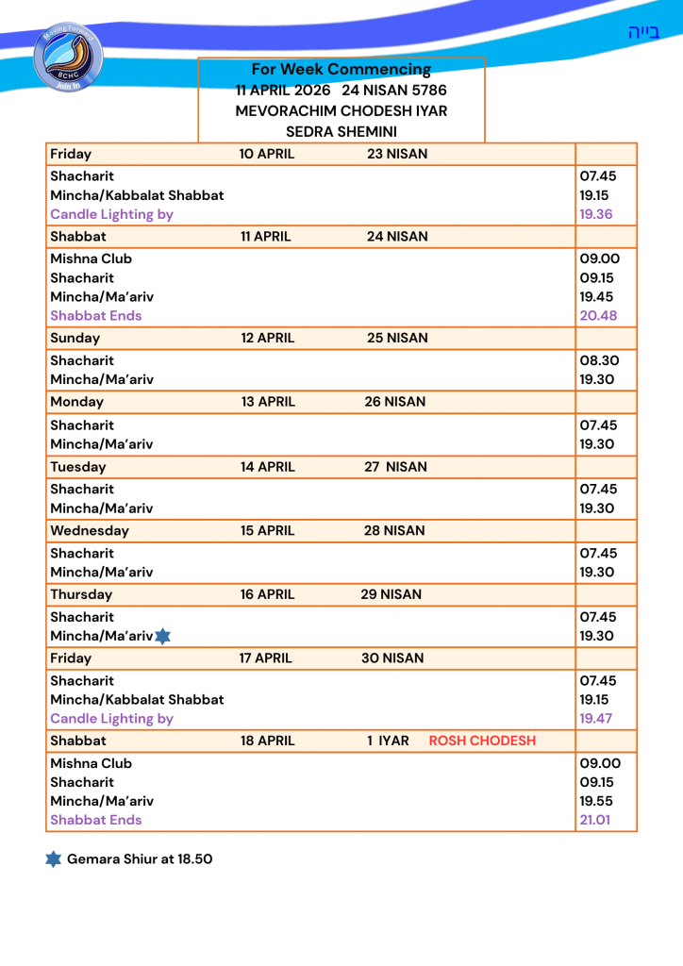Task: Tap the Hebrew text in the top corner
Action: [643, 32]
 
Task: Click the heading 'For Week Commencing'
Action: [341, 69]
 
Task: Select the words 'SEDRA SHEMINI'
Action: [341, 131]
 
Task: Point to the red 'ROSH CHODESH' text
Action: [482, 741]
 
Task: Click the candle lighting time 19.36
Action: [596, 214]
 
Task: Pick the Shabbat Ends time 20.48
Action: [598, 315]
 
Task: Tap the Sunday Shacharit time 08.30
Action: [598, 360]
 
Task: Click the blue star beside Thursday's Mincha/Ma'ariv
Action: [162, 637]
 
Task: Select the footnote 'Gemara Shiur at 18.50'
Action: [140, 859]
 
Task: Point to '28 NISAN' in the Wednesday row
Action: [394, 530]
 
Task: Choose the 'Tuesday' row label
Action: [78, 466]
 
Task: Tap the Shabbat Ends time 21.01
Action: [595, 820]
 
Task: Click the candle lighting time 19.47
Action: [596, 718]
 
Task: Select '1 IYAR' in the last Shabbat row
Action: [388, 741]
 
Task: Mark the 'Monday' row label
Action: [77, 401]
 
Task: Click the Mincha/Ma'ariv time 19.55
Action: [597, 801]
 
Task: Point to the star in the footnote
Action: [54, 859]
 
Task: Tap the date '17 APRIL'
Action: [266, 658]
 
